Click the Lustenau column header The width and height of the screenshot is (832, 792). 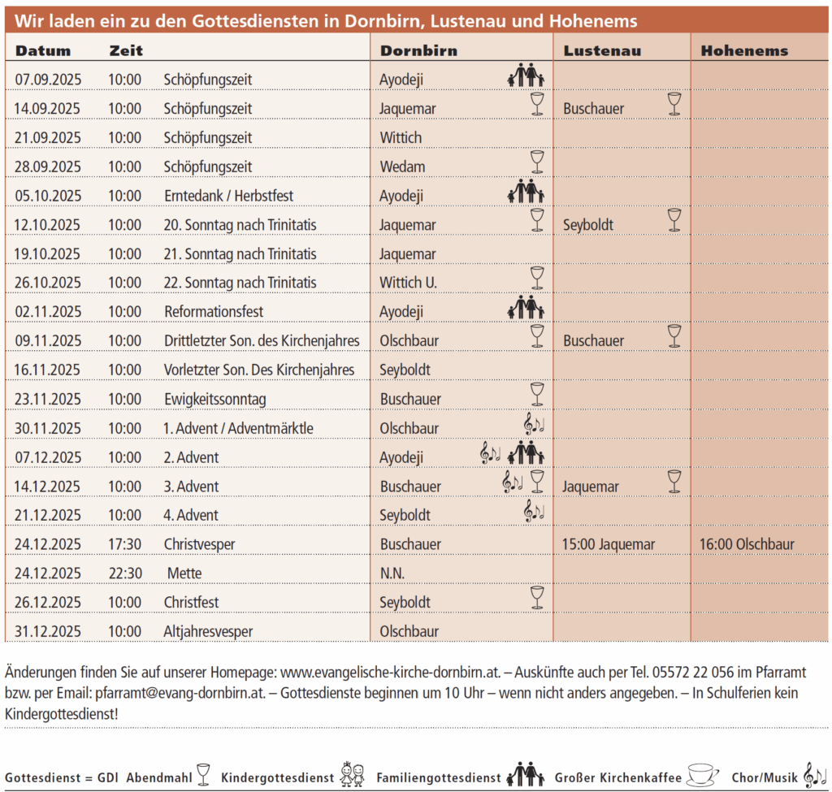point(602,50)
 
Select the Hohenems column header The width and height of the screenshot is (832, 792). point(744,50)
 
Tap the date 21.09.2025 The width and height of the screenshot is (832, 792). point(48,138)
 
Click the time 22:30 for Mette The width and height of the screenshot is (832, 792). point(126,573)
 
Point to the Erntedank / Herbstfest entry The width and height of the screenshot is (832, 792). point(228,196)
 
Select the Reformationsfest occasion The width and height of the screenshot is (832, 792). point(214,312)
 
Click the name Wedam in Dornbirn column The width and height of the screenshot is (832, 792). point(402,167)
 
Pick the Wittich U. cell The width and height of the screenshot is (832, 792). point(409,283)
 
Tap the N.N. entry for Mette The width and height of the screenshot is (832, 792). point(392,573)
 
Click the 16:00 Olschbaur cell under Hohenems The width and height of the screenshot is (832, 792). point(747,544)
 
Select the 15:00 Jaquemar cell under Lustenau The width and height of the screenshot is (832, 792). point(609,544)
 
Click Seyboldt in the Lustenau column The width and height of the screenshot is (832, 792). point(588,225)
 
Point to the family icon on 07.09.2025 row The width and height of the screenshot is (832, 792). point(526,77)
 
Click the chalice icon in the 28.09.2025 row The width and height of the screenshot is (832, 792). point(536,162)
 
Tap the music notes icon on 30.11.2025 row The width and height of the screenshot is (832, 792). point(534,423)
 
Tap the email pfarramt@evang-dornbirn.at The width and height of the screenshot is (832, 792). point(193,694)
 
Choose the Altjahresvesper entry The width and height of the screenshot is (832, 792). point(208,632)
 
